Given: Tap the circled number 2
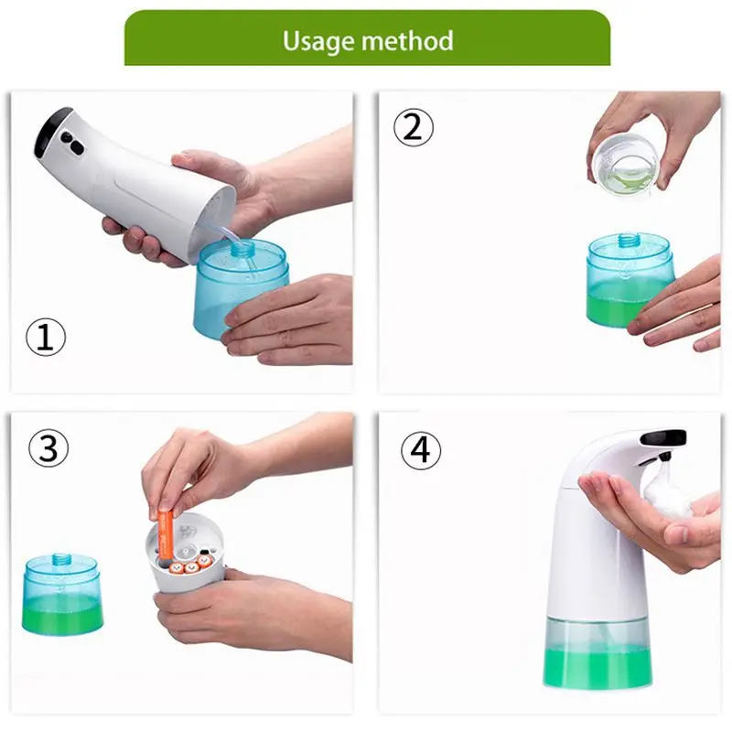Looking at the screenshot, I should click(x=414, y=127).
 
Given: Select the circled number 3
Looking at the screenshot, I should click(x=48, y=448).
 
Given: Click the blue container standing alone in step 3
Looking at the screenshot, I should click(x=61, y=595).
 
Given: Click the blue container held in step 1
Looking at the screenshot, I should click(x=241, y=288).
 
